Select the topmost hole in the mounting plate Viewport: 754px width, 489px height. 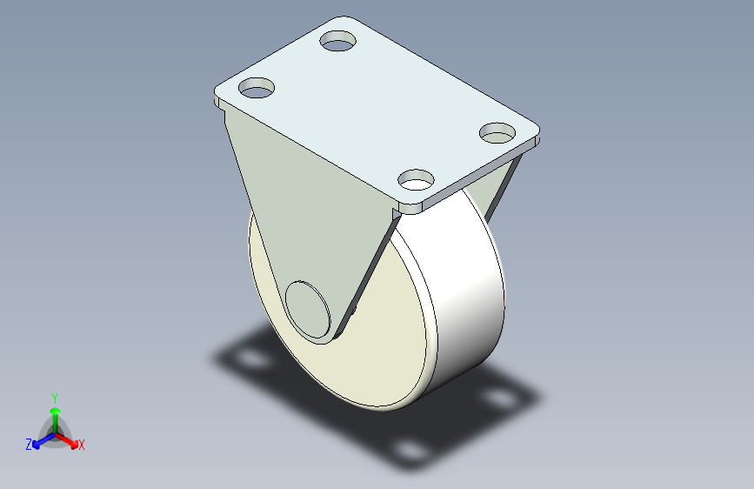point(339,40)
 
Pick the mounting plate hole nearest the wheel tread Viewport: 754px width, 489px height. point(417,180)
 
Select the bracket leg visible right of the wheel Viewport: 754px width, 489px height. point(502,187)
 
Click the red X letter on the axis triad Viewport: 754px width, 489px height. point(82,445)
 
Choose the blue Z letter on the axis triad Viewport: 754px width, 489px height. point(29,445)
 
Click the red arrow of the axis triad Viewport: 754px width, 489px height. point(69,440)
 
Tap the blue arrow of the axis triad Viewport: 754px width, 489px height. point(40,441)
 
